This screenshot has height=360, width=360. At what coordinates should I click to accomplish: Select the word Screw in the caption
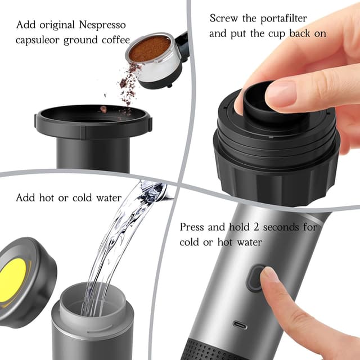pyautogui.click(x=224, y=19)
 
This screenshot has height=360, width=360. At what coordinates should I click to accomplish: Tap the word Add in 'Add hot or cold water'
pyautogui.click(x=25, y=198)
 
